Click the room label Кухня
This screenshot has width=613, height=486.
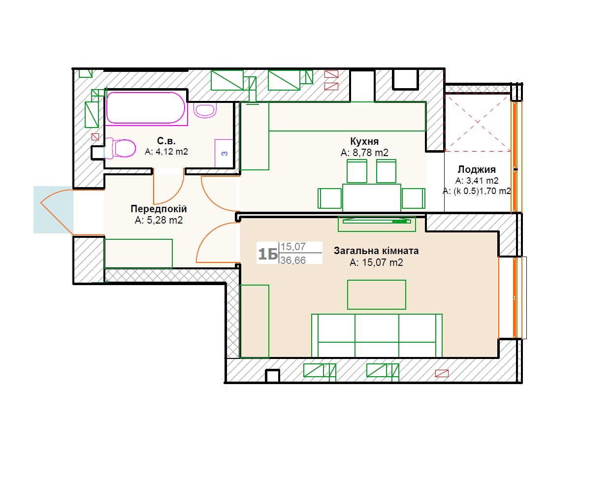pos(364,141)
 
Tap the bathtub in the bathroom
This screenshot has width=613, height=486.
pos(146,108)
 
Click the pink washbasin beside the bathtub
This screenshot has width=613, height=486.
pos(205,110)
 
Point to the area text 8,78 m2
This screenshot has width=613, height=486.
pos(370,153)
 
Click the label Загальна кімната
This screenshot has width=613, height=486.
pos(376,251)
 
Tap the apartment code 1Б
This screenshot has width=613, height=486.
pos(268,254)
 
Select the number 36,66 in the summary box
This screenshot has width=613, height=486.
pos(293,260)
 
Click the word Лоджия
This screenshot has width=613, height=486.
pos(477,169)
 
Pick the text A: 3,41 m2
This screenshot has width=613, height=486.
pos(477,180)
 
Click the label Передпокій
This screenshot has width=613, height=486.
pos(159,209)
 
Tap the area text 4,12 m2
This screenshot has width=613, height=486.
pos(172,152)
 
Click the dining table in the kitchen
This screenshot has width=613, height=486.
pos(371,198)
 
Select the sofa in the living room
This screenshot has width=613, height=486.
pos(377,336)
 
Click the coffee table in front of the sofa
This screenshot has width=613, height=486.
pos(376,294)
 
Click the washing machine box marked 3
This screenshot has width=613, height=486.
pos(224,153)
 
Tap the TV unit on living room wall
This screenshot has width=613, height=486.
pos(377,224)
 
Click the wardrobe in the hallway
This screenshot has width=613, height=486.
pos(138,254)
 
